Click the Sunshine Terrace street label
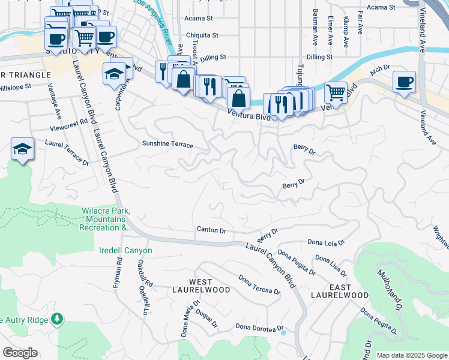167,145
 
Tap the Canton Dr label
211,230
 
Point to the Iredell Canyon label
125,250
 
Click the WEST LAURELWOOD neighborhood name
209,286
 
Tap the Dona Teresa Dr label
259,285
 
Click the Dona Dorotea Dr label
259,327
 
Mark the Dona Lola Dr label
326,243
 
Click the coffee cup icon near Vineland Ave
404,81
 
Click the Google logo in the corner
20,353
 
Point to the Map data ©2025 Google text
411,355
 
